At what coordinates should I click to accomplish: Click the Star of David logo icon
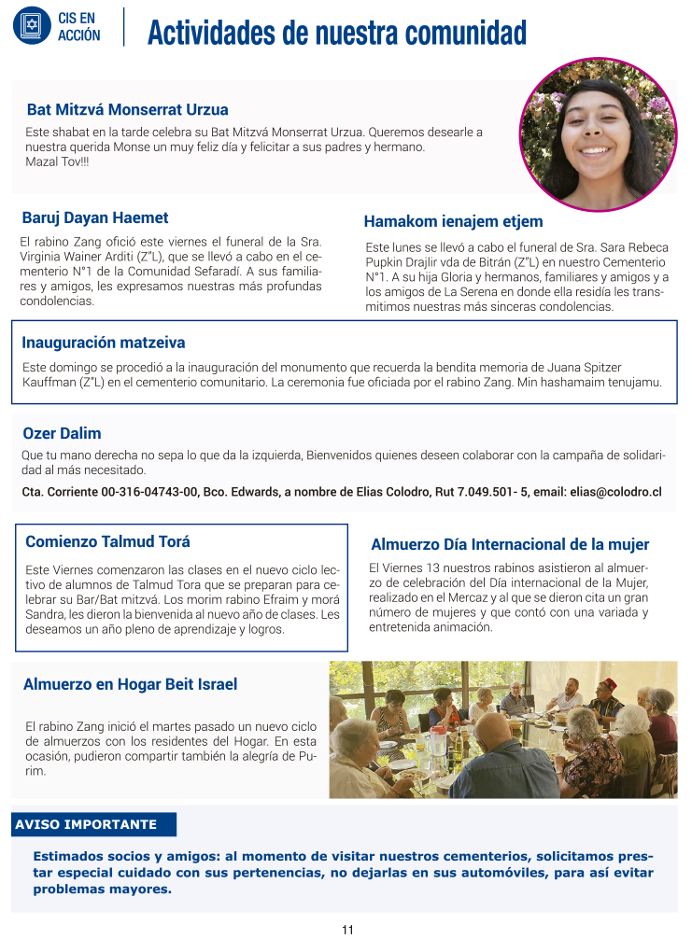pyautogui.click(x=32, y=25)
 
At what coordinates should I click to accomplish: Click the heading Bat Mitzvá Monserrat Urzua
pyautogui.click(x=127, y=109)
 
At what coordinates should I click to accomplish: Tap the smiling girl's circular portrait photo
pyautogui.click(x=598, y=134)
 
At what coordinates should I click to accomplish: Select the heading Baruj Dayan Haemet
pyautogui.click(x=94, y=217)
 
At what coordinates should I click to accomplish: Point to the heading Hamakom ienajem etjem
pyautogui.click(x=453, y=221)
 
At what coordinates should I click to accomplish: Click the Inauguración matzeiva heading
pyautogui.click(x=103, y=343)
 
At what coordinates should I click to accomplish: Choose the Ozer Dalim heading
pyautogui.click(x=61, y=433)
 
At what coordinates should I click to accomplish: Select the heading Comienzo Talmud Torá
pyautogui.click(x=107, y=541)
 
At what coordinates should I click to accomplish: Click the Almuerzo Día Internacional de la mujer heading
pyautogui.click(x=510, y=544)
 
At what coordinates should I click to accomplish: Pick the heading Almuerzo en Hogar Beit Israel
pyautogui.click(x=130, y=684)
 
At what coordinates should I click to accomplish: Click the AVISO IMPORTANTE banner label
pyautogui.click(x=86, y=825)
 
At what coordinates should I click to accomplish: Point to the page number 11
pyautogui.click(x=347, y=930)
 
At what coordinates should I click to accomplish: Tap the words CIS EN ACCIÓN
pyautogui.click(x=78, y=26)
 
